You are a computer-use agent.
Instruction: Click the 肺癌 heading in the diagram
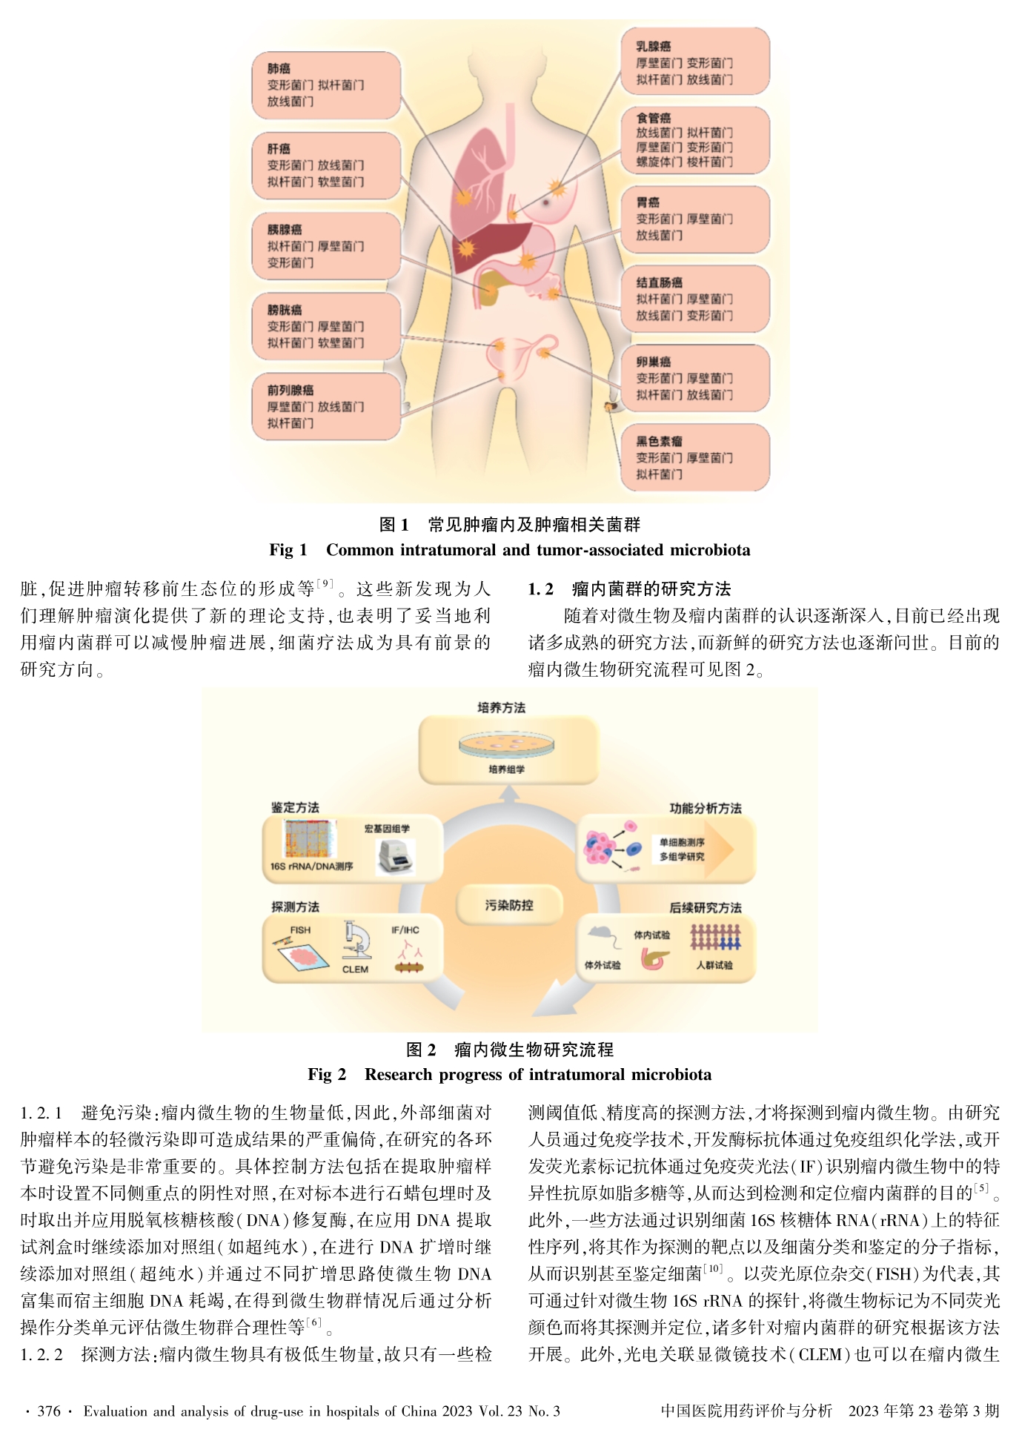[x=279, y=69]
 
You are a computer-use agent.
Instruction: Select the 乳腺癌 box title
[x=653, y=47]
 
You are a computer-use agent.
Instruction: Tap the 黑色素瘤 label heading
[x=659, y=442]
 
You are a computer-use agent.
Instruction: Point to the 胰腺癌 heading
[x=284, y=230]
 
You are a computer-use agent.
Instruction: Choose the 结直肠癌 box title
[x=659, y=282]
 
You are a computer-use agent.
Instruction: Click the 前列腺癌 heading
[x=290, y=390]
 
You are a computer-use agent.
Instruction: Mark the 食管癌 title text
[x=653, y=118]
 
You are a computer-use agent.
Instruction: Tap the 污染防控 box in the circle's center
[x=508, y=905]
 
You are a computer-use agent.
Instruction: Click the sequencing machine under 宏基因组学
[x=395, y=858]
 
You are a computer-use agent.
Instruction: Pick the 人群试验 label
[x=714, y=965]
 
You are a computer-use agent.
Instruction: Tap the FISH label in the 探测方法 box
[x=300, y=930]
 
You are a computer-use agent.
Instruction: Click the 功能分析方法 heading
[x=705, y=808]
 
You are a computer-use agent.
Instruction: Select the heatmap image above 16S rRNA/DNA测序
[x=311, y=839]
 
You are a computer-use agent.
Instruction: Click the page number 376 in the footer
[x=49, y=1411]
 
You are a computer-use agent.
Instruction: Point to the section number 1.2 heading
[x=540, y=589]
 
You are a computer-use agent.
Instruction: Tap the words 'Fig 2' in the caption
[x=327, y=1074]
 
